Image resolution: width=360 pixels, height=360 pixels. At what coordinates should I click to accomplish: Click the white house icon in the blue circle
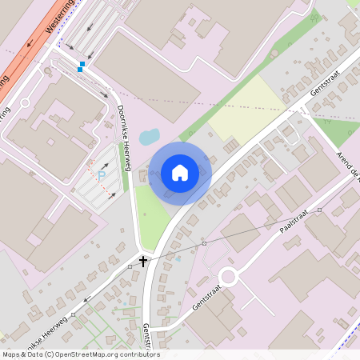tap(180, 173)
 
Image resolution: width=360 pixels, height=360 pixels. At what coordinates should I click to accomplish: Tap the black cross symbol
tap(144, 261)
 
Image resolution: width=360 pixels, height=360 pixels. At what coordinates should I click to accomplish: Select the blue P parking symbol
tap(102, 174)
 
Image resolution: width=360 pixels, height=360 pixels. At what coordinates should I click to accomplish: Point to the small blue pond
tap(150, 137)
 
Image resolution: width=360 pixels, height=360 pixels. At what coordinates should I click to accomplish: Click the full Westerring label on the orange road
tap(60, 16)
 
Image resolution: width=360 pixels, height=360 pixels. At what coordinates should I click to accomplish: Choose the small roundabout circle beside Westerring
tap(25, 102)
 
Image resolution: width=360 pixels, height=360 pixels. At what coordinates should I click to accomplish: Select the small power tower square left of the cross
tap(130, 266)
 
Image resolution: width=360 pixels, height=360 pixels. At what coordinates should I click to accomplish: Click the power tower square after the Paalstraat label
tap(319, 210)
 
